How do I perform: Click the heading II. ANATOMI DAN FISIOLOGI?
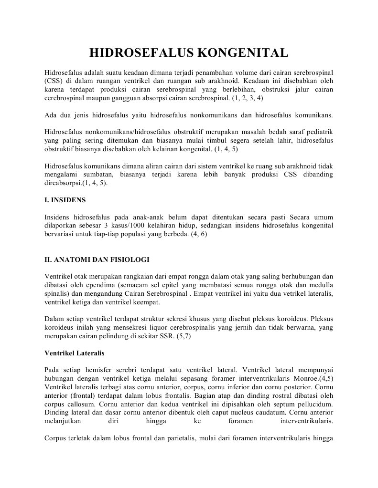click(97, 260)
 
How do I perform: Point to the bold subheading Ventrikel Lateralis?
click(75, 353)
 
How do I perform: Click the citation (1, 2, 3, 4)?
click(247, 97)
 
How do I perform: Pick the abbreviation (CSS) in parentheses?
click(54, 81)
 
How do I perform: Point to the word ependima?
click(102, 285)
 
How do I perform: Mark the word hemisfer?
click(107, 369)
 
